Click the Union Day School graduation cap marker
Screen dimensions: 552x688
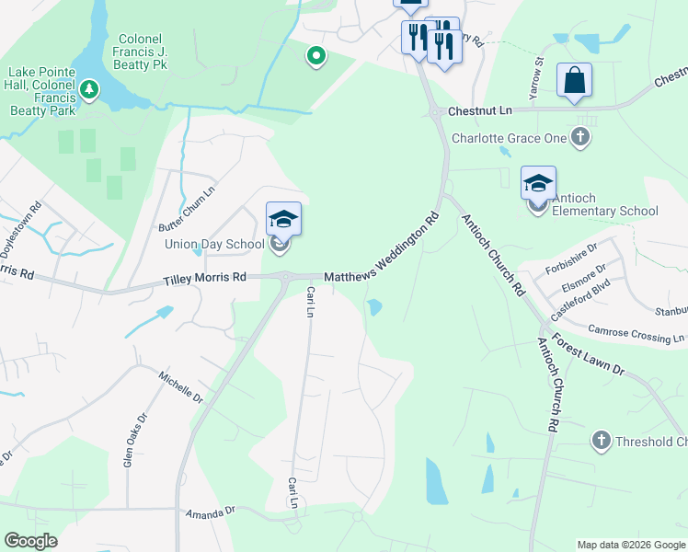tap(283, 220)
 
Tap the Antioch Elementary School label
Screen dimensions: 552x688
tap(605, 211)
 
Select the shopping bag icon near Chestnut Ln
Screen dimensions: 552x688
tap(574, 80)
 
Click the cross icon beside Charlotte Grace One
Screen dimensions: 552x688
tap(579, 138)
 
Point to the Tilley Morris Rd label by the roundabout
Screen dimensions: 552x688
tap(205, 278)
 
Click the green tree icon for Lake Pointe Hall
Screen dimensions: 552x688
tap(89, 89)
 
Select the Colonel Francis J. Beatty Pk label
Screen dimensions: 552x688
tap(142, 52)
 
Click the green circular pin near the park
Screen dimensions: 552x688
tap(315, 57)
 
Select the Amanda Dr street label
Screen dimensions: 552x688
tap(211, 511)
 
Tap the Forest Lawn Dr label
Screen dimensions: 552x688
tap(591, 357)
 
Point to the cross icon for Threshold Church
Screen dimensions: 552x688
tap(602, 441)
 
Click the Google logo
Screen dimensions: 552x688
tap(30, 541)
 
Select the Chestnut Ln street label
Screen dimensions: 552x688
tap(479, 110)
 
